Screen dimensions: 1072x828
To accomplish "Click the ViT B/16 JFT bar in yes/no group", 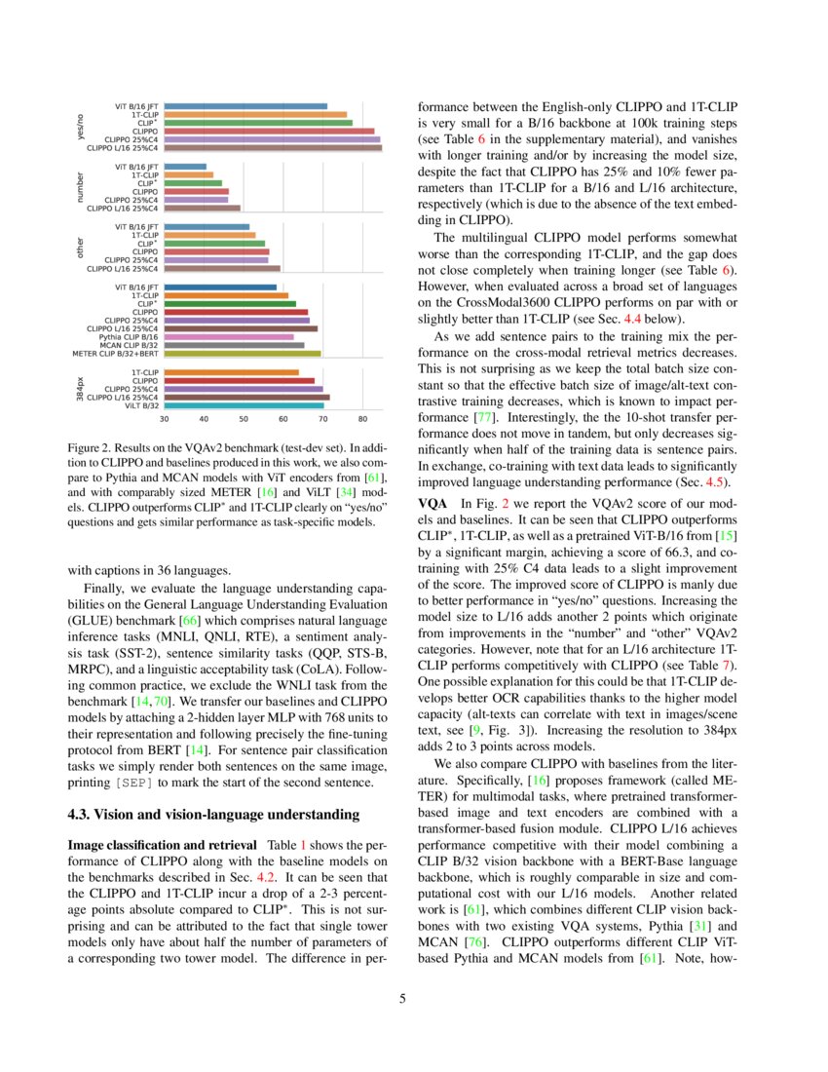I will pyautogui.click(x=245, y=106).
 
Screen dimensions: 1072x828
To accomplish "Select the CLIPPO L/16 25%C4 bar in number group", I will pyautogui.click(x=202, y=208).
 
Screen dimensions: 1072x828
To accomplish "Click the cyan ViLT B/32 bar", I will pyautogui.click(x=244, y=405).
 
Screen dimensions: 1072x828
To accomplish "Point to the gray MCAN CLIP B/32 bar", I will pyautogui.click(x=234, y=345).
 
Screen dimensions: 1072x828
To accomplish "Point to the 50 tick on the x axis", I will pyautogui.click(x=244, y=420).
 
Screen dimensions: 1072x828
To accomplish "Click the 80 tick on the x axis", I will pyautogui.click(x=362, y=420).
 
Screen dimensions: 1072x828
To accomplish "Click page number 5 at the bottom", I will pyautogui.click(x=413, y=998).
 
